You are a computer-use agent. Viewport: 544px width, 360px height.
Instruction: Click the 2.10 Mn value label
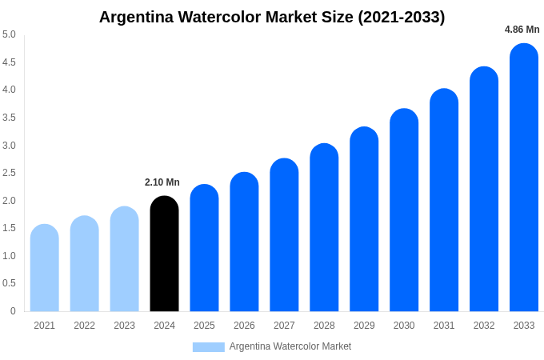pos(162,182)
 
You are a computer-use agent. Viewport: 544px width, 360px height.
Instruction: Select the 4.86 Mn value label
pos(522,30)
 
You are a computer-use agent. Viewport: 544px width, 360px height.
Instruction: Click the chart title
pos(272,17)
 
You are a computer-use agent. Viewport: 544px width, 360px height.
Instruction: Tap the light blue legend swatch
pos(208,347)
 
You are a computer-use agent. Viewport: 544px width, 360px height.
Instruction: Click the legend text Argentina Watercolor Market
pos(290,346)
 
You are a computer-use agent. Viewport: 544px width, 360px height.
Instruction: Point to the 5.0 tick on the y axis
pos(9,34)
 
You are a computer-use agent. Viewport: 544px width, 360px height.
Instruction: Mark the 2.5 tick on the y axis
pos(9,173)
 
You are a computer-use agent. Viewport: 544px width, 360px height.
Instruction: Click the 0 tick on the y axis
pos(13,311)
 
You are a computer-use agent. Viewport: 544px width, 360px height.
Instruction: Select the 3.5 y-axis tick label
pos(9,118)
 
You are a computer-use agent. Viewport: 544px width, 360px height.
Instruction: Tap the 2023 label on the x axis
pos(124,326)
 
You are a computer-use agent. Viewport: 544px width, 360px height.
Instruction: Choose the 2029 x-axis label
pos(364,326)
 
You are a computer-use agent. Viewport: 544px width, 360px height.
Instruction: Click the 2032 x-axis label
pos(484,326)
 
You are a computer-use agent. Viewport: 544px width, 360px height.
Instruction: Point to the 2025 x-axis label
pos(204,326)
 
